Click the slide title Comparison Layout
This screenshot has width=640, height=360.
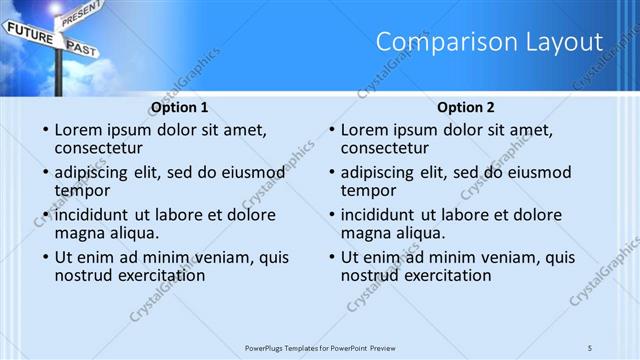click(x=489, y=42)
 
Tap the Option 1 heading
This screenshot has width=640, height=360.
click(x=180, y=107)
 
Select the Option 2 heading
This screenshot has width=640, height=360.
click(x=466, y=107)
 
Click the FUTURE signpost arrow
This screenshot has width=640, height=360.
click(x=29, y=33)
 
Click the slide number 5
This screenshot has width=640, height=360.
click(x=590, y=347)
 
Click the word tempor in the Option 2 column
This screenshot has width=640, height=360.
click(x=368, y=190)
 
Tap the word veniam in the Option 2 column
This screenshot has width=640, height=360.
click(x=499, y=257)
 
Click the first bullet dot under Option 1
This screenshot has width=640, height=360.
click(x=45, y=131)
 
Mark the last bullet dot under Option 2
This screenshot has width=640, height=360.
click(x=331, y=258)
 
